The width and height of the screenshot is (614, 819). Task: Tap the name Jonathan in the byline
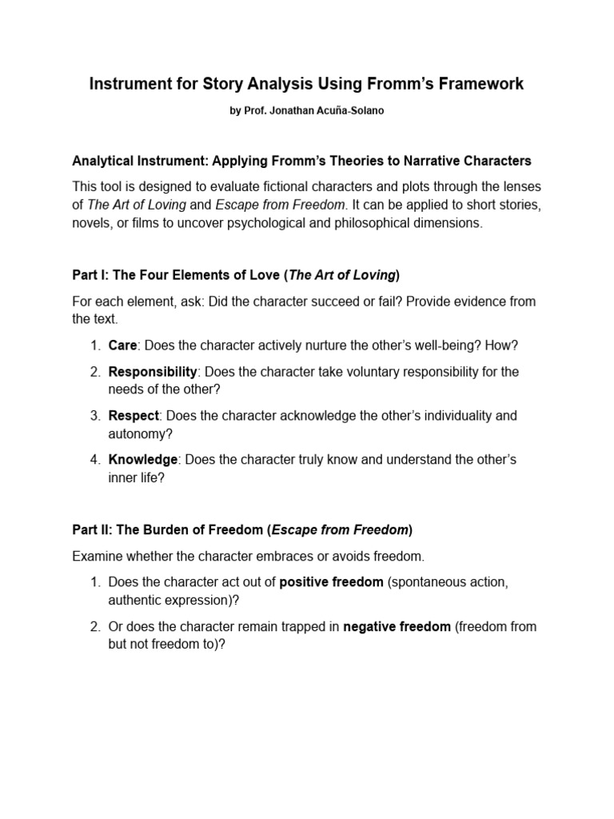[294, 111]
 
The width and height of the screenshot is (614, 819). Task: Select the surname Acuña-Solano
[350, 111]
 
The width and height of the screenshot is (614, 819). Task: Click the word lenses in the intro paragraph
[521, 186]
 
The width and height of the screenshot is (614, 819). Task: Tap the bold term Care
[123, 346]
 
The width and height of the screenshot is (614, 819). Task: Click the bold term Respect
[134, 415]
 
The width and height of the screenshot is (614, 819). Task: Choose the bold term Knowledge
[143, 459]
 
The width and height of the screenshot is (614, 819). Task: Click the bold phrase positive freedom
[331, 582]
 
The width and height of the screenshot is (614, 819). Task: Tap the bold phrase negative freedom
[397, 626]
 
